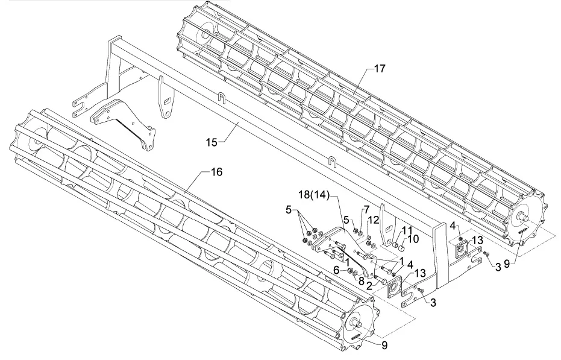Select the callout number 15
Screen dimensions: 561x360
click(212, 142)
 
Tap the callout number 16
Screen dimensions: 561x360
click(216, 172)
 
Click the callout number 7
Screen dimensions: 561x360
click(366, 210)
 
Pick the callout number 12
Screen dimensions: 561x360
click(373, 220)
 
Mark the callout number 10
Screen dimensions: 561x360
click(413, 239)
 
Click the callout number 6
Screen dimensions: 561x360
click(337, 270)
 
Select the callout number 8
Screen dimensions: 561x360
click(361, 280)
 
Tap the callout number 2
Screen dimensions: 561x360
click(369, 286)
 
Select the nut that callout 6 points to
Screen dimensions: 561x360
click(351, 270)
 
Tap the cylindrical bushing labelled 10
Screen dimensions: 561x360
click(402, 247)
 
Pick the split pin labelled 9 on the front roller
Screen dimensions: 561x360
click(357, 337)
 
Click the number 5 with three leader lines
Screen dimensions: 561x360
click(289, 210)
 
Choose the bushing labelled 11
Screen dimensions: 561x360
click(396, 245)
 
